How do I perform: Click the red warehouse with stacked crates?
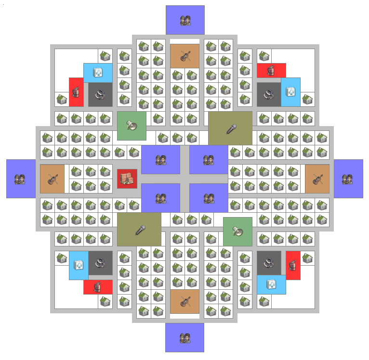coord(127,179)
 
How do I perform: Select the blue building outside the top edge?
coord(185,20)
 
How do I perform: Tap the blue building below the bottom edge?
coord(184,337)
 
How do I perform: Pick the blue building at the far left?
coord(21,179)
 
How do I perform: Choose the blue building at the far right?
coord(348,179)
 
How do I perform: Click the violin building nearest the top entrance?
coord(184,56)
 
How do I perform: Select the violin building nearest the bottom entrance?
coord(184,301)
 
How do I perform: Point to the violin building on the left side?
coord(52,179)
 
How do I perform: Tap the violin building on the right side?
coord(317,179)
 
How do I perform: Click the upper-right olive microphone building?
coord(230,129)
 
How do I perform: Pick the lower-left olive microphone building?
coord(139,230)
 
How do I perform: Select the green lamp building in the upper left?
coord(132,126)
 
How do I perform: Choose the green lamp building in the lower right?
coord(237,231)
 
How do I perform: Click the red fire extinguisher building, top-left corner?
coord(76,92)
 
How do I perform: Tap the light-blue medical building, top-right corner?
coord(290,92)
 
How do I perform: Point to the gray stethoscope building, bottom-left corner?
coord(100,263)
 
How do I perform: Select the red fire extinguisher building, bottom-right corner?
coord(293,265)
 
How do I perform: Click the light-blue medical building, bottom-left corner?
coord(79,265)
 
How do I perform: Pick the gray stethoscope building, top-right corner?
coord(269,94)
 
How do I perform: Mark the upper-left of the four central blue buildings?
coord(160,160)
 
